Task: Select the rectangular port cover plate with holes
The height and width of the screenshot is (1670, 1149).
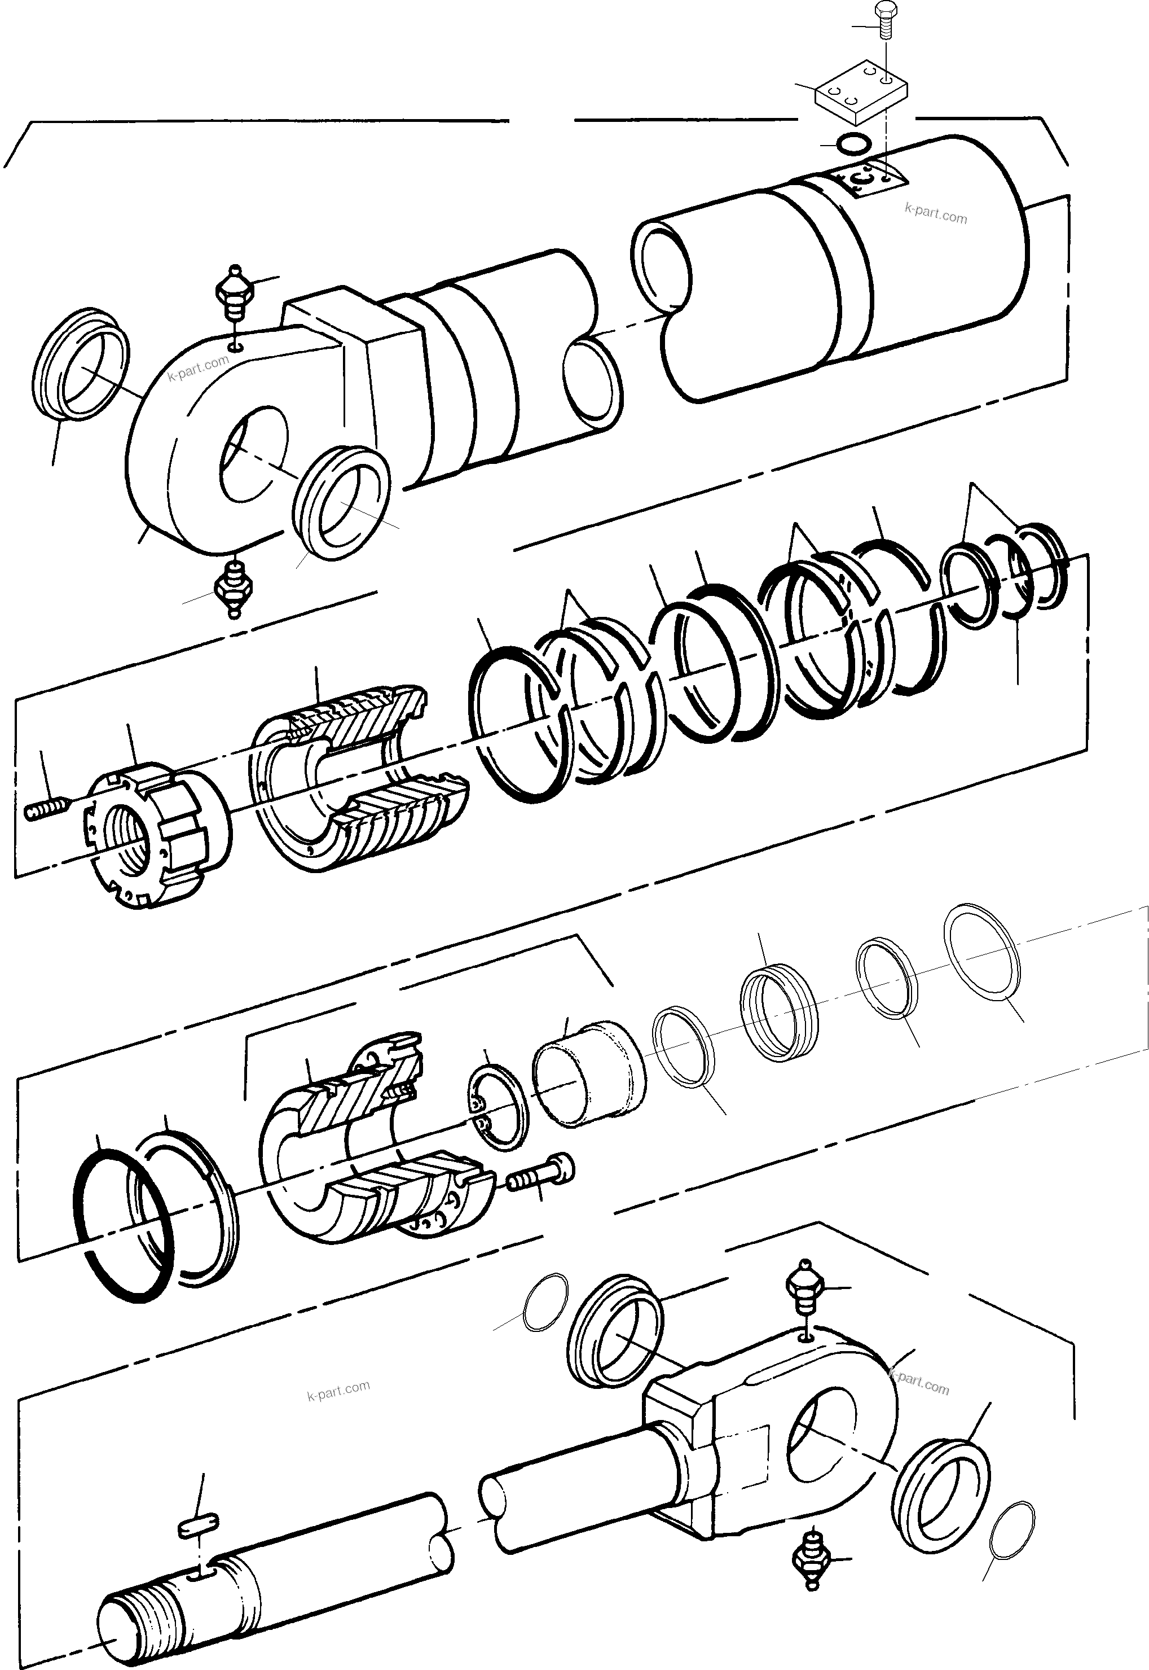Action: click(x=860, y=94)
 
